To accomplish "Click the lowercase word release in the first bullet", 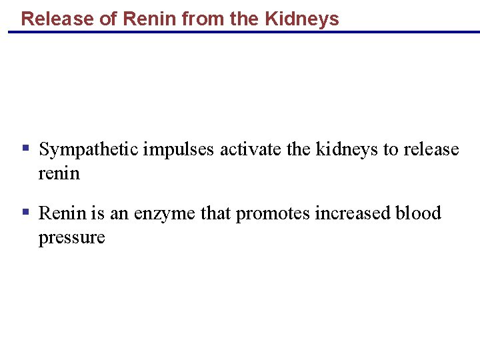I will pyautogui.click(x=431, y=149).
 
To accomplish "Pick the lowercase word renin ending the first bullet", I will pyautogui.click(x=59, y=173).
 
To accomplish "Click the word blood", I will pyautogui.click(x=418, y=213).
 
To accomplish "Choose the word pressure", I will pyautogui.click(x=71, y=237).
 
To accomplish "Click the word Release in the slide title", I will pyautogui.click(x=57, y=19).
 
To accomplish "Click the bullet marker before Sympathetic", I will pyautogui.click(x=25, y=147).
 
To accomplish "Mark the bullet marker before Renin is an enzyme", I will pyautogui.click(x=25, y=212).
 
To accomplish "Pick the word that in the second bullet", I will pyautogui.click(x=215, y=213).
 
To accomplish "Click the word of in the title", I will pyautogui.click(x=107, y=19).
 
